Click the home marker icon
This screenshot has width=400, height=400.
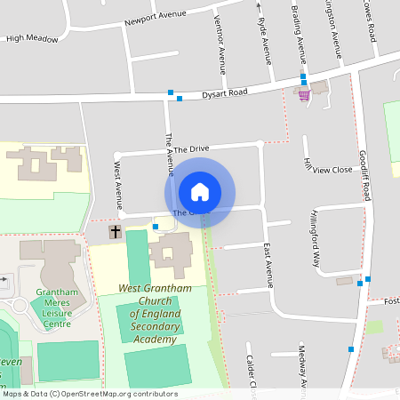point(200,192)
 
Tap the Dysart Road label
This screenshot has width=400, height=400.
point(223,92)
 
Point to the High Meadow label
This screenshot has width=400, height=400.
point(32,39)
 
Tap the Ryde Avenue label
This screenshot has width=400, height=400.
point(262,40)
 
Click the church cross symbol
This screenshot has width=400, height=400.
point(115,232)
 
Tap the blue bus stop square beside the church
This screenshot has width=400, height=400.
point(156,227)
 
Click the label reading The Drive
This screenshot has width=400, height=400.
point(191,149)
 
